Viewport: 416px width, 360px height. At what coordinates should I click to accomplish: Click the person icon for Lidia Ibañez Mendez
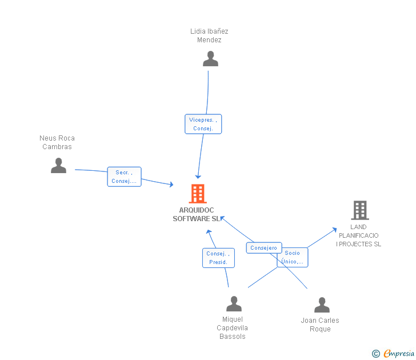210,59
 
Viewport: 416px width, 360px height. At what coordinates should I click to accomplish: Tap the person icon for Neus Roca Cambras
58,166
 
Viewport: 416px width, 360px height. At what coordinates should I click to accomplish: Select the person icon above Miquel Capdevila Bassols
234,303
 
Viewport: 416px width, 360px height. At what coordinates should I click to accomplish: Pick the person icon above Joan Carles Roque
322,305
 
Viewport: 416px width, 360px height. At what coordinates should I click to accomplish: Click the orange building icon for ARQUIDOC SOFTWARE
198,194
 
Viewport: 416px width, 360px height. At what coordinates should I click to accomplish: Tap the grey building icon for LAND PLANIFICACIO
359,210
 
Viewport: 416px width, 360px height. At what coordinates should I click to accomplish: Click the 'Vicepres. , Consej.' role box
203,124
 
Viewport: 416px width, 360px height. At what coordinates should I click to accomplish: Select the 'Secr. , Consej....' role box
124,177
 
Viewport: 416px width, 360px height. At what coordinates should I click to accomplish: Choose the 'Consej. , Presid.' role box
218,258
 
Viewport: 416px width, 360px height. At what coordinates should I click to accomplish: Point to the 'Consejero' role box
263,248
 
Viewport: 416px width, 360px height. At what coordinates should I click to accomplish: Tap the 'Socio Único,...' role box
292,257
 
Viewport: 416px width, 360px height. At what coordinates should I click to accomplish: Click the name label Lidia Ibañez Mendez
209,35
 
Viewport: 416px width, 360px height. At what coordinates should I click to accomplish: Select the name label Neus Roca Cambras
57,142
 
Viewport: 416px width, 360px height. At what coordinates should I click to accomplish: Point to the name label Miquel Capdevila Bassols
233,328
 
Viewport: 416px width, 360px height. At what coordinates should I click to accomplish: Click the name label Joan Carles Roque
320,325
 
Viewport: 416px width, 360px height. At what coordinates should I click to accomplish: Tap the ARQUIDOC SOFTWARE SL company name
197,214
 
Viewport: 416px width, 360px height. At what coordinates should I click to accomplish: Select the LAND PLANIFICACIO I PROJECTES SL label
358,235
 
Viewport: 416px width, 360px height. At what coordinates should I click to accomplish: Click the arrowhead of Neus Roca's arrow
171,185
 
